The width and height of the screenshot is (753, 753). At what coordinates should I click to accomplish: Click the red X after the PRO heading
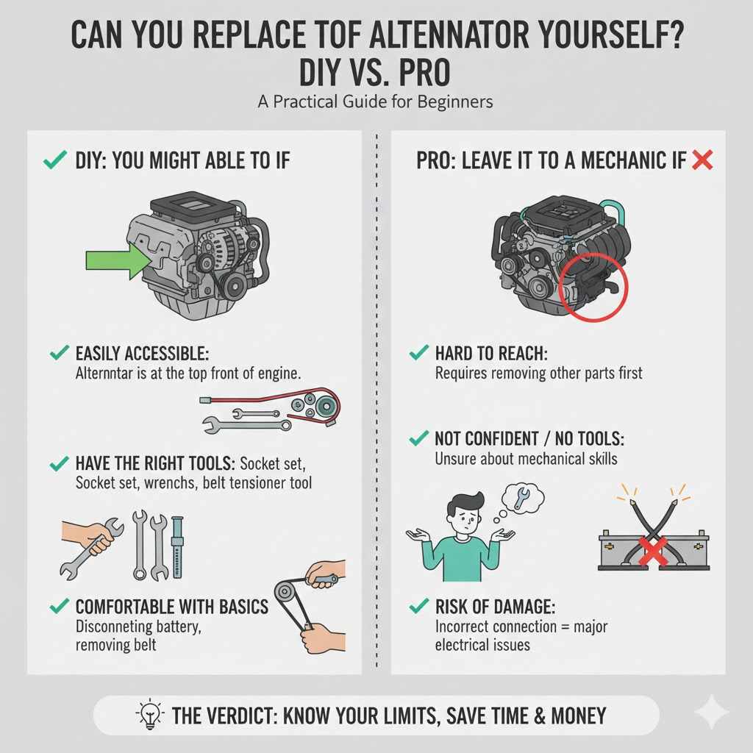pos(703,160)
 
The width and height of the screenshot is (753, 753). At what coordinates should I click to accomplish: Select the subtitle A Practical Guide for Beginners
pos(376,101)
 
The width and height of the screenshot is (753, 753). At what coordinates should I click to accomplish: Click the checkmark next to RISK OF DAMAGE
pos(418,607)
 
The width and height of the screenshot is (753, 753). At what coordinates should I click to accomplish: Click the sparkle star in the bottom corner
pos(711,712)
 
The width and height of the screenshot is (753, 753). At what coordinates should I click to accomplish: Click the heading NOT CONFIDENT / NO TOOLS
pos(529,440)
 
